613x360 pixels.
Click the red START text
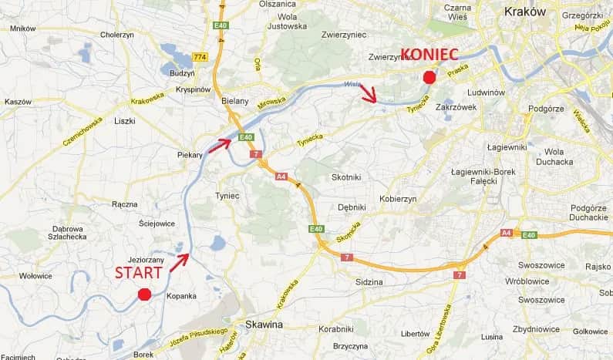[139, 273]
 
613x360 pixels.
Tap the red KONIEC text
[429, 55]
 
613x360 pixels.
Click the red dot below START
[143, 294]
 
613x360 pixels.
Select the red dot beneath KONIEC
[429, 76]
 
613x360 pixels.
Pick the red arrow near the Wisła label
[369, 94]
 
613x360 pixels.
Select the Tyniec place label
[227, 196]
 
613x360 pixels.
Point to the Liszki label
[124, 121]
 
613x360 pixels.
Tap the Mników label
[23, 29]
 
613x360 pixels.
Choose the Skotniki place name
[346, 177]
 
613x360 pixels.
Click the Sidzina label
[369, 282]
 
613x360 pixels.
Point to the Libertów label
[416, 334]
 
